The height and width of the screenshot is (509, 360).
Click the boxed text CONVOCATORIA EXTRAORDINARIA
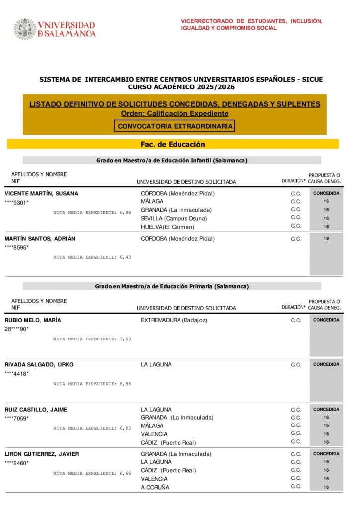tap(175, 126)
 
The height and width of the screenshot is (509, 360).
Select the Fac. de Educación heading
tap(173, 144)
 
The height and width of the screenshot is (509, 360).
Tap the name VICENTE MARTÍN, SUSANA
tap(41, 193)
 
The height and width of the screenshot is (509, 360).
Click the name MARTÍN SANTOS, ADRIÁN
tap(40, 238)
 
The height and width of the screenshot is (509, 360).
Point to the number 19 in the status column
tap(326, 239)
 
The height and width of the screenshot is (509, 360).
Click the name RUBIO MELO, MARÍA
tap(33, 320)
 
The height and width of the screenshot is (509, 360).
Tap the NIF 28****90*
tap(17, 329)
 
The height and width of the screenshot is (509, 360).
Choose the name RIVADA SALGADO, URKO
tap(39, 364)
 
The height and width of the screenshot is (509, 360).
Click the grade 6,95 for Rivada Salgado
tap(125, 384)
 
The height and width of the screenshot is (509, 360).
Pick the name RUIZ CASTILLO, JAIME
tap(36, 410)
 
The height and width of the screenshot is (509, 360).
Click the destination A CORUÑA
tap(155, 487)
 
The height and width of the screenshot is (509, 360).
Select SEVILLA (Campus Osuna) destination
tap(174, 218)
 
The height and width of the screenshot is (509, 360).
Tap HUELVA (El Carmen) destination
tap(168, 227)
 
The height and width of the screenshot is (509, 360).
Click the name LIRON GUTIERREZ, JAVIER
tap(42, 454)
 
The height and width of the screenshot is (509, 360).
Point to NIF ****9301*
tap(17, 202)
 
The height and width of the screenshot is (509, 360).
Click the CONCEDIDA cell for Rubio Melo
tap(326, 320)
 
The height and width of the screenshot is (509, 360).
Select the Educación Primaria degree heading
tap(172, 286)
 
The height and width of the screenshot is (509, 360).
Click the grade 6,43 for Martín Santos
tap(125, 257)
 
